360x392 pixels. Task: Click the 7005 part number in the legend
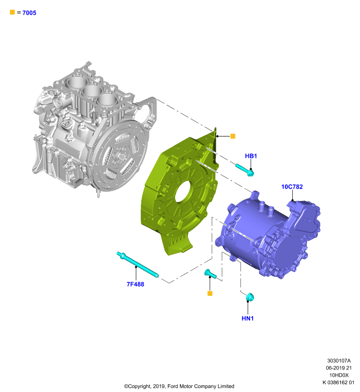[x=29, y=13]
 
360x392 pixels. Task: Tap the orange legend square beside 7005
[x=12, y=12]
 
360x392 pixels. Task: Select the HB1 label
[x=251, y=156]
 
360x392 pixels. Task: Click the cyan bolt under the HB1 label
[x=245, y=170]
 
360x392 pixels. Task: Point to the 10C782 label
[x=292, y=187]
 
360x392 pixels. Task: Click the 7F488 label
[x=135, y=284]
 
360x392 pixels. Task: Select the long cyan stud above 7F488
[x=138, y=265]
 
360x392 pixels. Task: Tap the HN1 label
[x=248, y=318]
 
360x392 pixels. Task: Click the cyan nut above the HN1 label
[x=250, y=297]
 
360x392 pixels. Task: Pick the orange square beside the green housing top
[x=232, y=136]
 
